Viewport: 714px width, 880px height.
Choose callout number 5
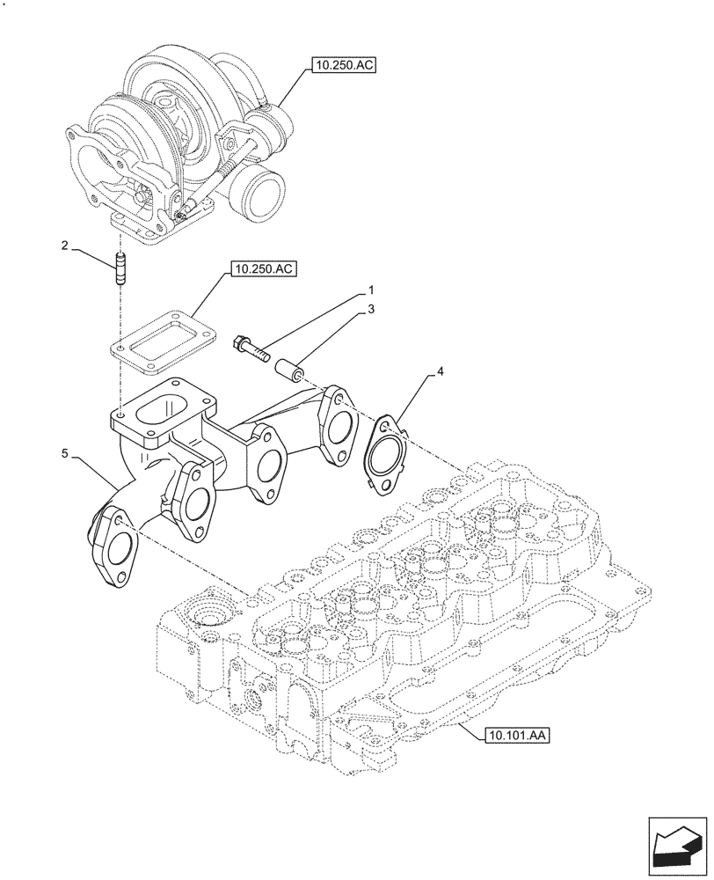tap(66, 454)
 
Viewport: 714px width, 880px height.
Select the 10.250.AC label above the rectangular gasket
tap(262, 269)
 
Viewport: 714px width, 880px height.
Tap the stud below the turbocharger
tap(119, 268)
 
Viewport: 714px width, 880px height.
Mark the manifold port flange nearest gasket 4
tap(337, 426)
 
